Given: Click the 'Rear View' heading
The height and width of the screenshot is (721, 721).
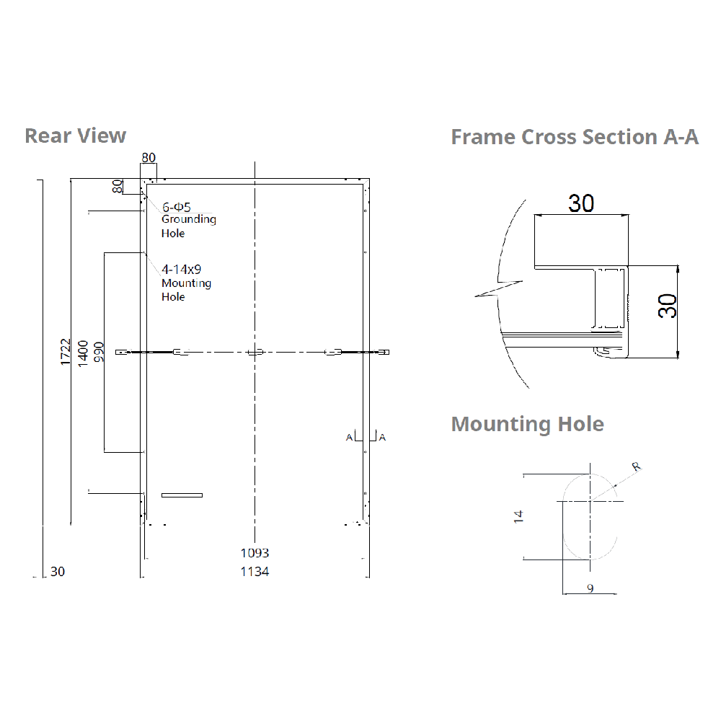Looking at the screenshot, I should pos(75,136).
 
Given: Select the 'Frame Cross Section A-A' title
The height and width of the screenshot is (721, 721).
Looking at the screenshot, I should pos(575,137).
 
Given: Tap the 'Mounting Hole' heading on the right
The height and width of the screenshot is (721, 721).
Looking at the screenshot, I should pos(527,424).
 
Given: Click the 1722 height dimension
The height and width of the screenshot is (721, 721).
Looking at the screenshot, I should pos(65,353).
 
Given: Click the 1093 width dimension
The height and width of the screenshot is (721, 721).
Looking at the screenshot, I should pos(255,553).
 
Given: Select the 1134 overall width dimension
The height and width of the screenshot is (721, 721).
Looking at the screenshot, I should pos(255,572).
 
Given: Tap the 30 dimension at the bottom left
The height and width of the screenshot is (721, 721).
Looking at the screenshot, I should pos(58,572).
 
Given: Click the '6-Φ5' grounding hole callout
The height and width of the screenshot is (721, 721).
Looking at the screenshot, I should pos(177,207).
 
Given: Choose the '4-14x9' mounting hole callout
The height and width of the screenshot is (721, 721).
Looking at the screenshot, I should pos(181,270).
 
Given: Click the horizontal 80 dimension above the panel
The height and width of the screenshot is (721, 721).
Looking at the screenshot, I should pos(149,158).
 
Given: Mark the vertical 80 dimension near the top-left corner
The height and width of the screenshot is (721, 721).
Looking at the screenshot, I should pos(117,186).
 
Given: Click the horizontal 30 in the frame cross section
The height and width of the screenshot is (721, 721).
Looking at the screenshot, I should pos(581,203).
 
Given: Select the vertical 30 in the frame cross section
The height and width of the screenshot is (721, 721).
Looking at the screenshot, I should pos(669,306).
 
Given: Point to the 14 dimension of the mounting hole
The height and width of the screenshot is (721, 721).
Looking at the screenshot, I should pos(518,516).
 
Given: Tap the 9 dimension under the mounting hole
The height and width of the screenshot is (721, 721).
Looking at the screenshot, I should pos(590,588).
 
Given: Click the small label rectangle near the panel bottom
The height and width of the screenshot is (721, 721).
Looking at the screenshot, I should pos(182,495).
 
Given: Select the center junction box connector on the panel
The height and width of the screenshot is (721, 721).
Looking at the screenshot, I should pos(255,353).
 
